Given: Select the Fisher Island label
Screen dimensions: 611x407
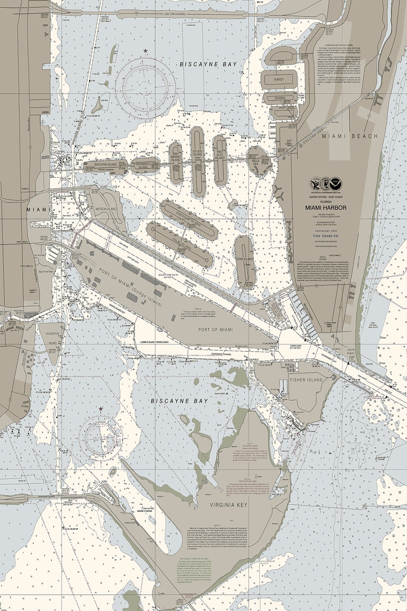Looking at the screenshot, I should coord(306,380).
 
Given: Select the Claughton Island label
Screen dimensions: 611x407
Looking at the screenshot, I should coord(52,338).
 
